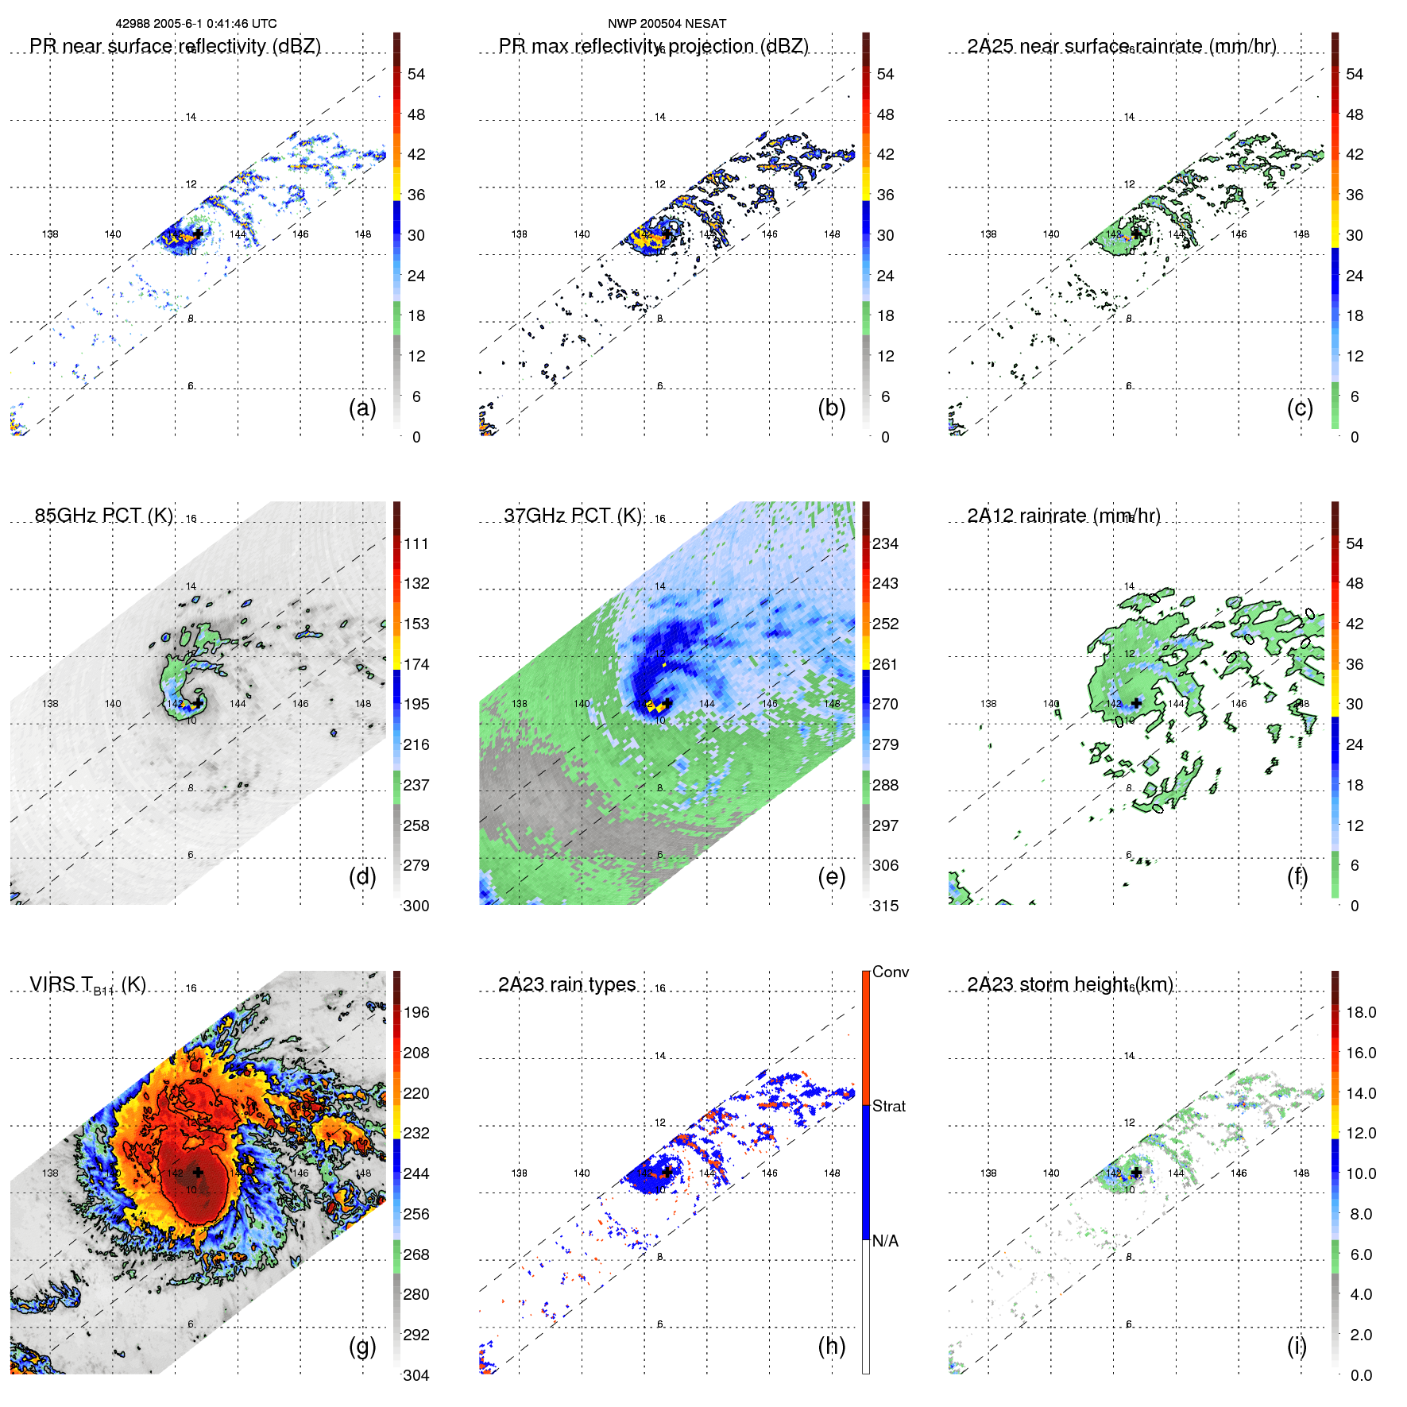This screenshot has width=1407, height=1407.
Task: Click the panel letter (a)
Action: [362, 408]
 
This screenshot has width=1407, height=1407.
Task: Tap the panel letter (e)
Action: [831, 877]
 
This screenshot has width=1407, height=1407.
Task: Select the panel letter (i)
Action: [1297, 1347]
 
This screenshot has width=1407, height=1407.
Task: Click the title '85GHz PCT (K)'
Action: [104, 516]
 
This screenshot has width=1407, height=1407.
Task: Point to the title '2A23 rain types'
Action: [566, 984]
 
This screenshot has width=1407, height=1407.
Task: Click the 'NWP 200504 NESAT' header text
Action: [667, 24]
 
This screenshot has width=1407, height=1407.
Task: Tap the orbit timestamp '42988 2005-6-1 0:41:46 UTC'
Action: [196, 24]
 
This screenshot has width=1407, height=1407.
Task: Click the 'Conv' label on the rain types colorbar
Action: [891, 972]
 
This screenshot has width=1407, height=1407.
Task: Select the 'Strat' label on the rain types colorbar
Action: [889, 1106]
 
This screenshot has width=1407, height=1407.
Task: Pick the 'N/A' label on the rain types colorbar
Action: [886, 1241]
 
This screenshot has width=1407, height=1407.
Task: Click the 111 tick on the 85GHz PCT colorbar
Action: [416, 543]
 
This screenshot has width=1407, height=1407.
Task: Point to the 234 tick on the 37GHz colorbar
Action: [885, 543]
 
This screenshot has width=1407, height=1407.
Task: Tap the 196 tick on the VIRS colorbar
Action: [416, 1012]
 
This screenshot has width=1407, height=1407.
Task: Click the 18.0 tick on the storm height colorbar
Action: [1361, 1012]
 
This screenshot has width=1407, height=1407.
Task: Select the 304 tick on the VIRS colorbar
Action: [416, 1375]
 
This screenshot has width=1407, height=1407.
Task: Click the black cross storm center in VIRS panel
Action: [198, 1173]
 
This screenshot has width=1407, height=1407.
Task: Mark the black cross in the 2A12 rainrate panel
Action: [1137, 703]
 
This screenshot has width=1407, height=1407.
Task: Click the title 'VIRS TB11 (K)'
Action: [87, 985]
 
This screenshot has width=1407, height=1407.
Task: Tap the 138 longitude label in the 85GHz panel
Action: [50, 703]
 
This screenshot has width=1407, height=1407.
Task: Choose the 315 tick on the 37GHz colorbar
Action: [885, 906]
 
